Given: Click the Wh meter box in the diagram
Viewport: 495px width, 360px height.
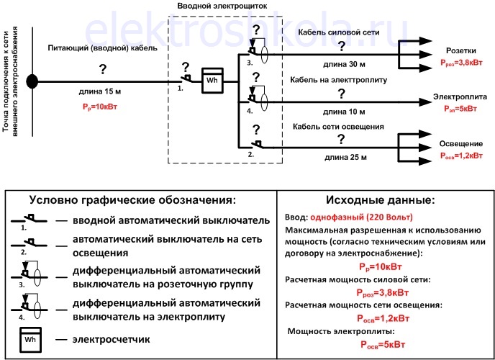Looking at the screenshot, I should (212, 81).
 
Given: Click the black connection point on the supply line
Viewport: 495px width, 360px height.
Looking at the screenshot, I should (32, 81).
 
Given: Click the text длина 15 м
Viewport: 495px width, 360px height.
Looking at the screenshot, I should (101, 92).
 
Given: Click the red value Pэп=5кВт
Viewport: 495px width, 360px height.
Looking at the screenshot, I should (459, 109).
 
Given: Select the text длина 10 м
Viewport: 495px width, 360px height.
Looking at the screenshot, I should (343, 112).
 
